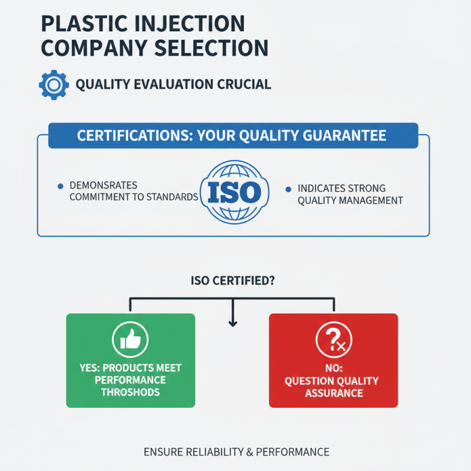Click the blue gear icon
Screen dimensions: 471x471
(54, 84)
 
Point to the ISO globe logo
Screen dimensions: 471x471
(235, 193)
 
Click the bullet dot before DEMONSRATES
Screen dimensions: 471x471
(60, 186)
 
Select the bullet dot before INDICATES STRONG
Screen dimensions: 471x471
(288, 190)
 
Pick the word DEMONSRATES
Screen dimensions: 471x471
(104, 186)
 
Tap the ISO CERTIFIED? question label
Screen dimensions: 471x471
(233, 281)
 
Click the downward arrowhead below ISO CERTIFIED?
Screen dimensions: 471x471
(233, 322)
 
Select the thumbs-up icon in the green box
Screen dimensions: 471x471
(130, 340)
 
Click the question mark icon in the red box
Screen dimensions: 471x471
(333, 340)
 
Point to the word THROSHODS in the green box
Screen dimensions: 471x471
(130, 393)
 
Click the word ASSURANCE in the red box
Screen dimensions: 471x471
(334, 393)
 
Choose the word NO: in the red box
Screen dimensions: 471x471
(334, 368)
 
